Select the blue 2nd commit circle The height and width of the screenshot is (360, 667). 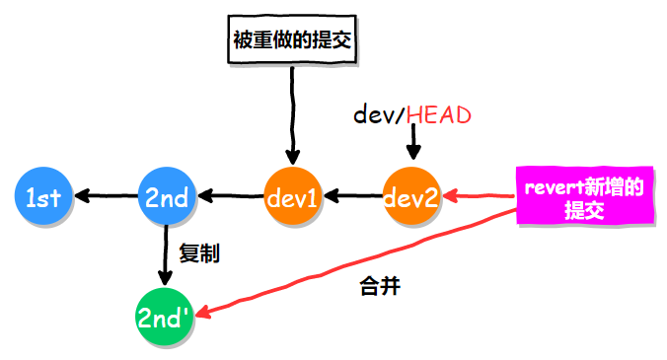pyautogui.click(x=167, y=197)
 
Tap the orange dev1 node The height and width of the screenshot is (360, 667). pyautogui.click(x=292, y=197)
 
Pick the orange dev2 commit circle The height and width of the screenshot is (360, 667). pyautogui.click(x=410, y=197)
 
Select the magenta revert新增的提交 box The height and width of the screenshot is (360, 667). pyautogui.click(x=583, y=197)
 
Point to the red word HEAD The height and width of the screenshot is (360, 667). pyautogui.click(x=438, y=114)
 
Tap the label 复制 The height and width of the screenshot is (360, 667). pyautogui.click(x=198, y=253)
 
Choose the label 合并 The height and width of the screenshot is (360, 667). pyautogui.click(x=380, y=289)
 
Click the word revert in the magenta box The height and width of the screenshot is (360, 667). pyautogui.click(x=554, y=187)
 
